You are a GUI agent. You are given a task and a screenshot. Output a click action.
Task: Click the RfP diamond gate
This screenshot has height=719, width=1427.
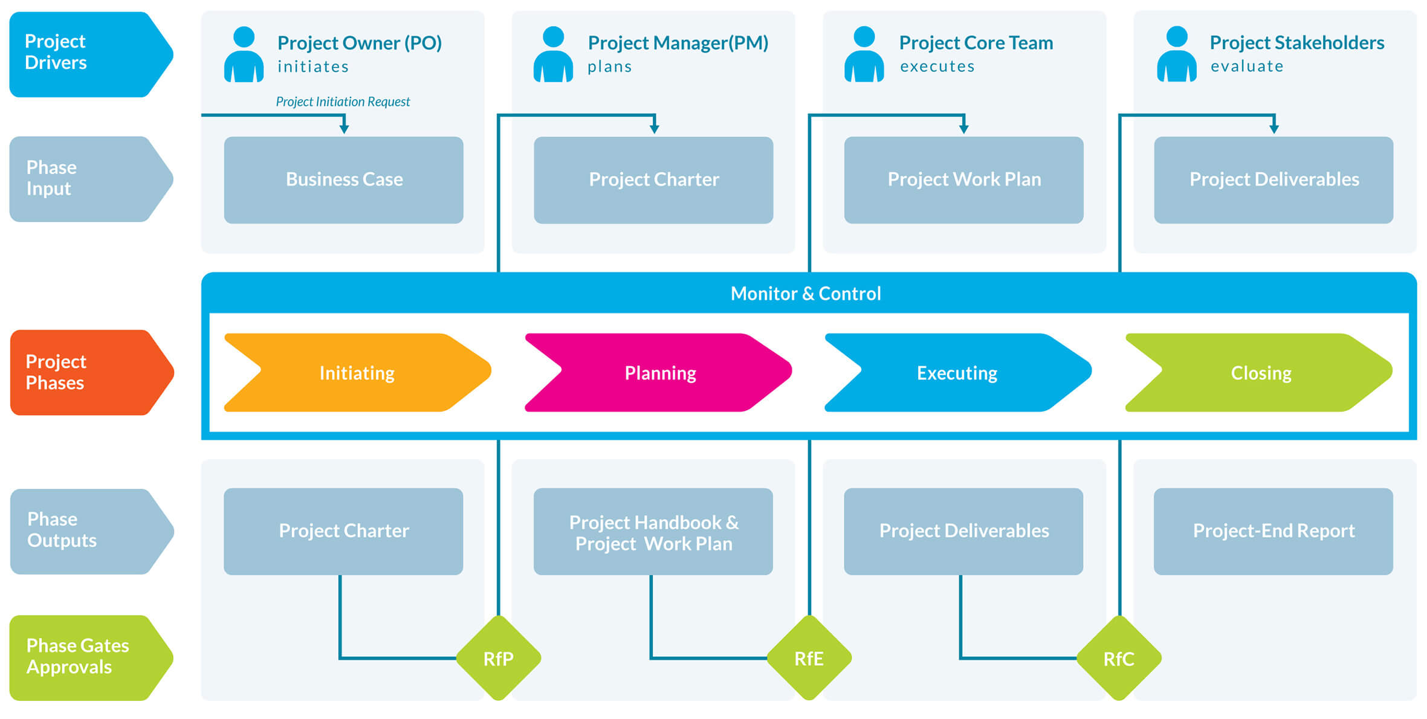coord(498,658)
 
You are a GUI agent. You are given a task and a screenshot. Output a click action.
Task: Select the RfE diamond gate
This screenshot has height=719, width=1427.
coord(809,658)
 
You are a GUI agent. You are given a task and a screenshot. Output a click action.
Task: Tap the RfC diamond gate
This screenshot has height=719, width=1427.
coord(1119,658)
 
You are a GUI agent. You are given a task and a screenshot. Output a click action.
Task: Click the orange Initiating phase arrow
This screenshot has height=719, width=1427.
coord(357,373)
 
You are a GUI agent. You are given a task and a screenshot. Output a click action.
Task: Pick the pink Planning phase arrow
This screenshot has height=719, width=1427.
coord(659,373)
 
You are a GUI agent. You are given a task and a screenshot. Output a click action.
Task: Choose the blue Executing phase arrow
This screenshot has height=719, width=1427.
coord(957,373)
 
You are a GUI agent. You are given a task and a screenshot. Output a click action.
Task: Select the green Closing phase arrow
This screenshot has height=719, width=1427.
coord(1260,373)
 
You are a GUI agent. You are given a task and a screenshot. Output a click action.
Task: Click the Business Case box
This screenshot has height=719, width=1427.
coord(344,179)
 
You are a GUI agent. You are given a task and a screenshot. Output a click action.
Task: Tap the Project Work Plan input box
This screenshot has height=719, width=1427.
coord(964,179)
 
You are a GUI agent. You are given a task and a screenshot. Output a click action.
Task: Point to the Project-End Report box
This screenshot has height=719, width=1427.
coord(1273,531)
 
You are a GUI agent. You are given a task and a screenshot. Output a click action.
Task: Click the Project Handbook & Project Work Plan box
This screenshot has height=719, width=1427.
coord(653,532)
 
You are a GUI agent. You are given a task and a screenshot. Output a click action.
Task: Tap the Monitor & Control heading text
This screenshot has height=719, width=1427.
coord(806,294)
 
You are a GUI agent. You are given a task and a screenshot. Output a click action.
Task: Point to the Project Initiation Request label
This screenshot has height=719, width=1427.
coord(343,102)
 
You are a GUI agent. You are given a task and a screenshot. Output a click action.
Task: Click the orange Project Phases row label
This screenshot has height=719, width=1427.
coord(85,372)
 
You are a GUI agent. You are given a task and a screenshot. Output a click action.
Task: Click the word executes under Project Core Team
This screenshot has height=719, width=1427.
coord(937,66)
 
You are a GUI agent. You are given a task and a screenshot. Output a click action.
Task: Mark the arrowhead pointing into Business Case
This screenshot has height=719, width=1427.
coord(344,129)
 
